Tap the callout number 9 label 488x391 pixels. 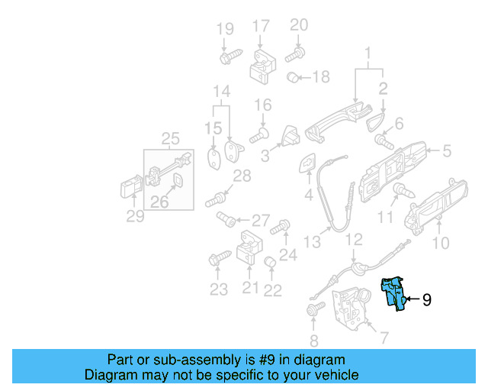(x=426, y=300)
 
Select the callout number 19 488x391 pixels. (x=224, y=30)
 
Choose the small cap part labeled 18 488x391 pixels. (x=292, y=77)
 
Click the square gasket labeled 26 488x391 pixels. (x=176, y=181)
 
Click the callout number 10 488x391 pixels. (x=441, y=244)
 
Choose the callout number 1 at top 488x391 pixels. (x=368, y=54)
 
